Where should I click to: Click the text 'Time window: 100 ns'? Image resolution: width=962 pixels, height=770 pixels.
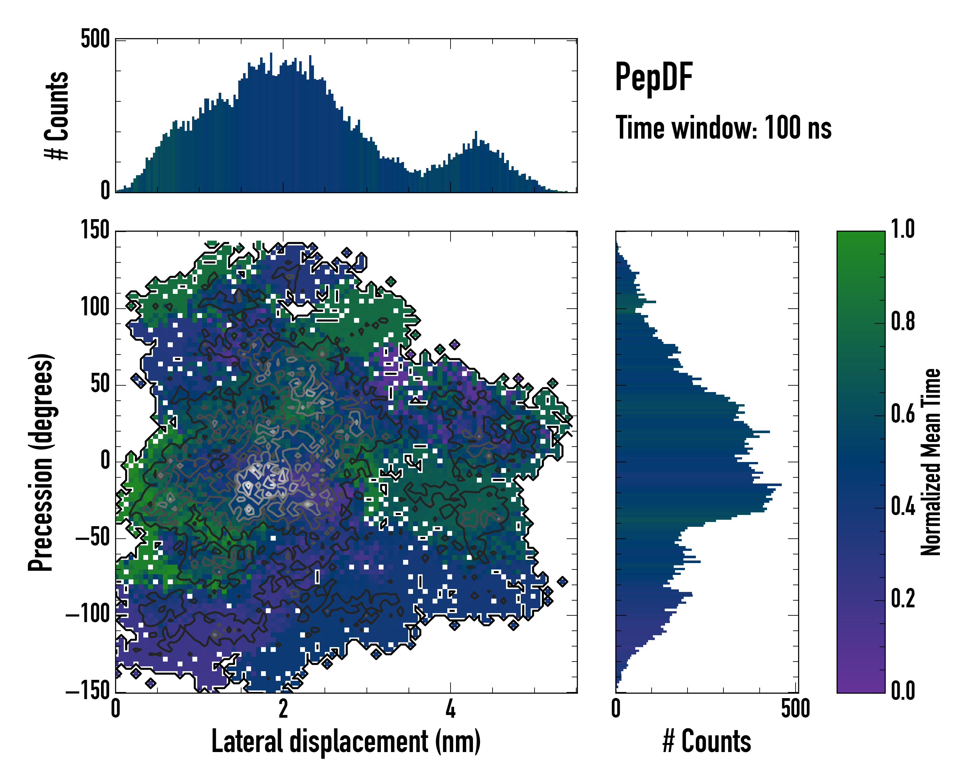pos(723,128)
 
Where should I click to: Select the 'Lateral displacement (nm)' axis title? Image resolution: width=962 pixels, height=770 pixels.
pos(346,741)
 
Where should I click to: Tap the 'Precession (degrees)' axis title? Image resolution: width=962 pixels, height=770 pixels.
pos(41,462)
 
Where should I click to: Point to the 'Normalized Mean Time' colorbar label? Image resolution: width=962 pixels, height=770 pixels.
pos(931,462)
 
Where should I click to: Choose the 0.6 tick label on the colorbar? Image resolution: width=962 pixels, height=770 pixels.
pos(903,414)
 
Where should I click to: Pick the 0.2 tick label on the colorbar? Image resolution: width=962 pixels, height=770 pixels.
pos(903,599)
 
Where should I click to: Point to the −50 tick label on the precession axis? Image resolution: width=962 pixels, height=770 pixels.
pos(92,538)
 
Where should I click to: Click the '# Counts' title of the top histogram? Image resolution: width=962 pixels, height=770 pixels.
pos(57,115)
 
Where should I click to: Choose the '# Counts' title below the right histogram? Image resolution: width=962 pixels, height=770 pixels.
pos(707,741)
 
